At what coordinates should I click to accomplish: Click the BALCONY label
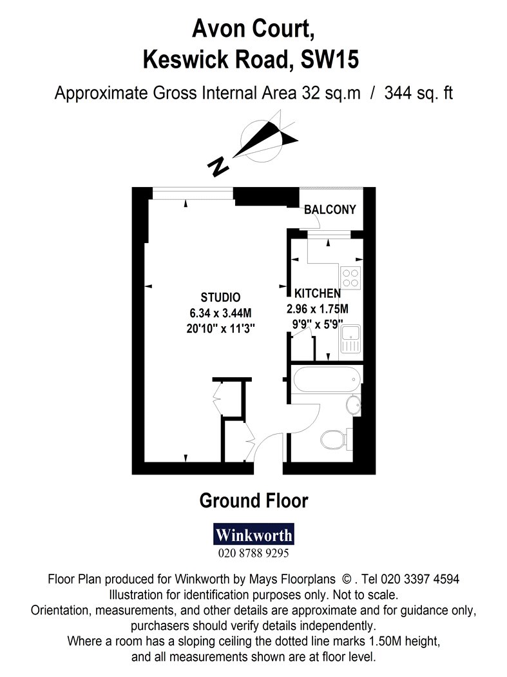330,210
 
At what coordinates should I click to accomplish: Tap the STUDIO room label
220,297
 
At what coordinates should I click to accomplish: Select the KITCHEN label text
318,293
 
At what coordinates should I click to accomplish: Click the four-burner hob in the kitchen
350,278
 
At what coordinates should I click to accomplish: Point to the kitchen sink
350,339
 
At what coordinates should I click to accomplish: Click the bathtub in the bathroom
327,380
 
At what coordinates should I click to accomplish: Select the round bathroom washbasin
353,405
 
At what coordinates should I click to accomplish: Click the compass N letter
218,165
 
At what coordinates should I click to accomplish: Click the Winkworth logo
254,534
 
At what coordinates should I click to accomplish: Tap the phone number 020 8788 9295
254,553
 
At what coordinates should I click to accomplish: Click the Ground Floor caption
254,501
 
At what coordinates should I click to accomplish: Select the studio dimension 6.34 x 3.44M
220,313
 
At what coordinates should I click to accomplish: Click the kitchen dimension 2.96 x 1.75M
318,309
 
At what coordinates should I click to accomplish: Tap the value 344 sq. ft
419,93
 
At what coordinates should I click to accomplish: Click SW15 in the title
330,59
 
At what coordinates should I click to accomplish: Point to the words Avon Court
253,28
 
